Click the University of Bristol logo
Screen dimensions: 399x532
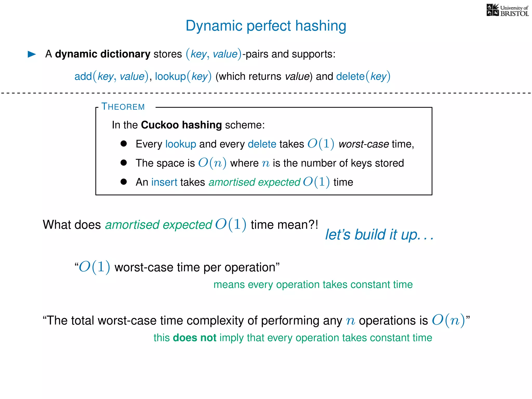point(507,10)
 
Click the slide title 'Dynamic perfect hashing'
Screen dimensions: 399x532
point(266,26)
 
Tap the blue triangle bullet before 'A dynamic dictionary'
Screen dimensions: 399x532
point(32,54)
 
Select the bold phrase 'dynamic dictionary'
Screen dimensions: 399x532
point(103,54)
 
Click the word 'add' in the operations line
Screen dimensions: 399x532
point(83,77)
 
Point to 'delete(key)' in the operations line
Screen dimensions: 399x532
point(363,77)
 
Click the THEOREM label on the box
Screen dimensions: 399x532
point(123,107)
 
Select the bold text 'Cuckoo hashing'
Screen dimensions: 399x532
point(181,125)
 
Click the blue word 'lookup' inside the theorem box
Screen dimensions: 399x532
point(181,144)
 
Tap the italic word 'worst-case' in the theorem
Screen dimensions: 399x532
point(364,144)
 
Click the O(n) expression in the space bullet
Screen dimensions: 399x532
point(212,163)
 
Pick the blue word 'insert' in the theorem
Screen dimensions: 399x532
point(164,182)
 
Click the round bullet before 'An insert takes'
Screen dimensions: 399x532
point(124,182)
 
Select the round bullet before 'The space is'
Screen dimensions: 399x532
point(124,163)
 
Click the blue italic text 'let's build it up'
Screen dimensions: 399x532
point(379,235)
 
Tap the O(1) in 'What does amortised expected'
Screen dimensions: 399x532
point(231,224)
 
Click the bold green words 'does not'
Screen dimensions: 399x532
point(195,338)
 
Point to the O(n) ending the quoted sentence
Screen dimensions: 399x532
point(448,320)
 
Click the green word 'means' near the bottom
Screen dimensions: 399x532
point(229,285)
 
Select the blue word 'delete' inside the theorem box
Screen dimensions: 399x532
point(262,144)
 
